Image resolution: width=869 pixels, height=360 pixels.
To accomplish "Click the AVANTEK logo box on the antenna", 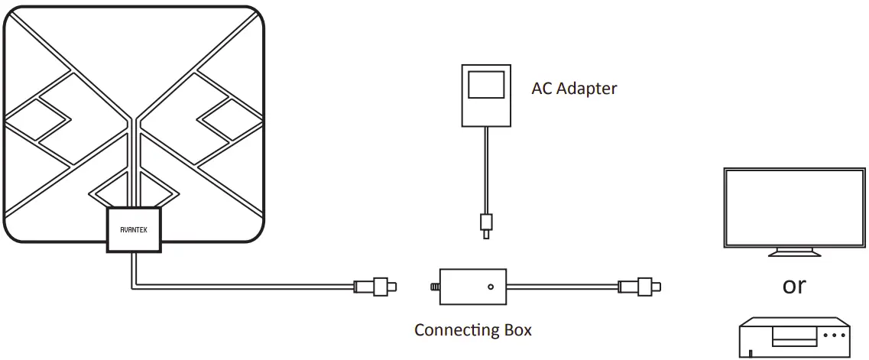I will [x=134, y=229].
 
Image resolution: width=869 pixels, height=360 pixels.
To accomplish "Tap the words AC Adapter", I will [x=574, y=89].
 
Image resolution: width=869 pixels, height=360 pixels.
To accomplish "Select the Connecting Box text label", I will [x=472, y=330].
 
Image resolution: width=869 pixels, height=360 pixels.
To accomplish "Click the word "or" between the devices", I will [x=794, y=286].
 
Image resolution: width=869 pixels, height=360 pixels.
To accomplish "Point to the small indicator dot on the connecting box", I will [x=490, y=287].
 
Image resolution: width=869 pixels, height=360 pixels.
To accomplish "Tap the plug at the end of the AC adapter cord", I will [x=485, y=224].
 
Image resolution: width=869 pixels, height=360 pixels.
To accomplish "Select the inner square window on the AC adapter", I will [x=485, y=85].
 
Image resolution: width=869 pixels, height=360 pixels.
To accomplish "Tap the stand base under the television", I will [x=794, y=253].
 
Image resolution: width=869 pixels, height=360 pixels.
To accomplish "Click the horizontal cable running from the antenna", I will [x=245, y=287].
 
